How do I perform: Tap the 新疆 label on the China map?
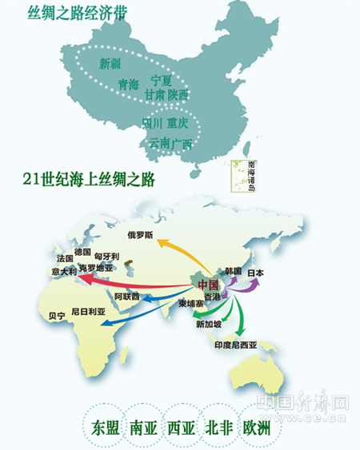[x=110, y=62]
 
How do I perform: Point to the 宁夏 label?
[x=162, y=80]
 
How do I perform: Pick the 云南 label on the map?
[x=159, y=143]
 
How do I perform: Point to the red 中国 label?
[x=208, y=285]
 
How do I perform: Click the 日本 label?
[x=255, y=273]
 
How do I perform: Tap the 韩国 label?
[x=233, y=270]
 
